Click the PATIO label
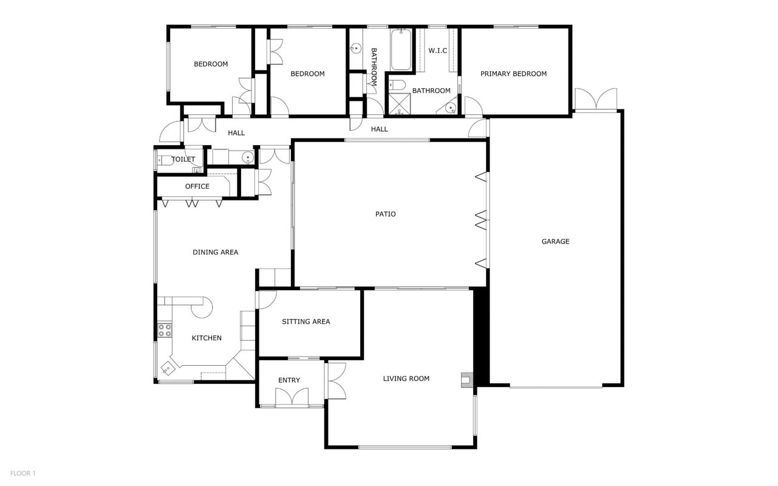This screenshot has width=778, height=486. click(x=385, y=214)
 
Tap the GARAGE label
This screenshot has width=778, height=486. click(x=555, y=241)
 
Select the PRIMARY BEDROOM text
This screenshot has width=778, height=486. click(x=513, y=74)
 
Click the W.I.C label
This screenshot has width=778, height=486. click(x=438, y=50)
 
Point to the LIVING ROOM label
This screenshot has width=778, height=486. click(x=406, y=378)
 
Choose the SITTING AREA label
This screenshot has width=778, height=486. click(x=306, y=322)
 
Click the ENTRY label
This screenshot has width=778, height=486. click(x=289, y=380)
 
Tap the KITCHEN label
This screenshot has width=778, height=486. click(x=206, y=338)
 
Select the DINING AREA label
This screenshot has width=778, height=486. click(x=216, y=252)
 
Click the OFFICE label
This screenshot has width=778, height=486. click(x=197, y=187)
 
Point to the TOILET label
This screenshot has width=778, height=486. click(x=183, y=159)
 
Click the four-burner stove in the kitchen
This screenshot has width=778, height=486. click(x=165, y=330)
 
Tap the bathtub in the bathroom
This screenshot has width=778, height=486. click(x=401, y=50)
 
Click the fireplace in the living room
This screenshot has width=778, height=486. click(x=467, y=380)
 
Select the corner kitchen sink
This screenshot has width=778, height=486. click(x=168, y=369)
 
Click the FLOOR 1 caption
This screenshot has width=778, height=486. click(x=23, y=473)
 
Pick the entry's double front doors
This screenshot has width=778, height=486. click(x=292, y=397)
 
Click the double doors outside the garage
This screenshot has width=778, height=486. click(x=596, y=99)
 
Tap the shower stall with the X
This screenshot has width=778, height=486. click(x=400, y=104)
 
